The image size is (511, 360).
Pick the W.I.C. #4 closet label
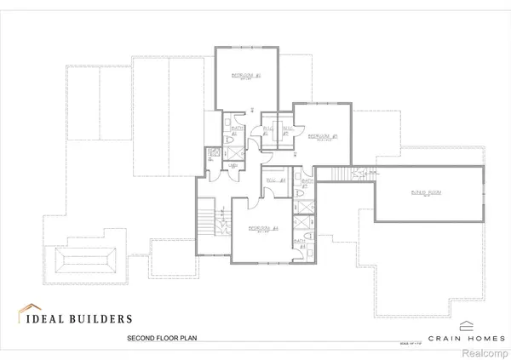pyautogui.click(x=274, y=180)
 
